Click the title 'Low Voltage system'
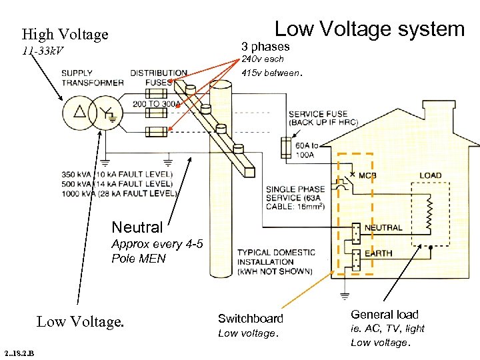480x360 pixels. click(369, 29)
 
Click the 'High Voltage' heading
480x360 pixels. click(65, 34)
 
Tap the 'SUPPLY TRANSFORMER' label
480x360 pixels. click(92, 78)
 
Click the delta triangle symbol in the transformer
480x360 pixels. click(79, 111)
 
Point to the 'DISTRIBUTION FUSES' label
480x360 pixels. click(159, 77)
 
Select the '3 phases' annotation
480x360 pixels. click(265, 47)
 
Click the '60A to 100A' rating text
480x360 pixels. click(307, 150)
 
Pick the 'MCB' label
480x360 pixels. click(368, 176)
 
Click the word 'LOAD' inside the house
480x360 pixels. click(430, 176)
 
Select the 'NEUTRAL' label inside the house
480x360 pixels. click(383, 227)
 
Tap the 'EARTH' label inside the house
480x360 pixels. click(378, 253)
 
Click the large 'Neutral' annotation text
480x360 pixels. click(137, 228)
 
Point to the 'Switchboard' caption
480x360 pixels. click(251, 319)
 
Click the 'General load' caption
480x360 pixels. click(385, 315)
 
